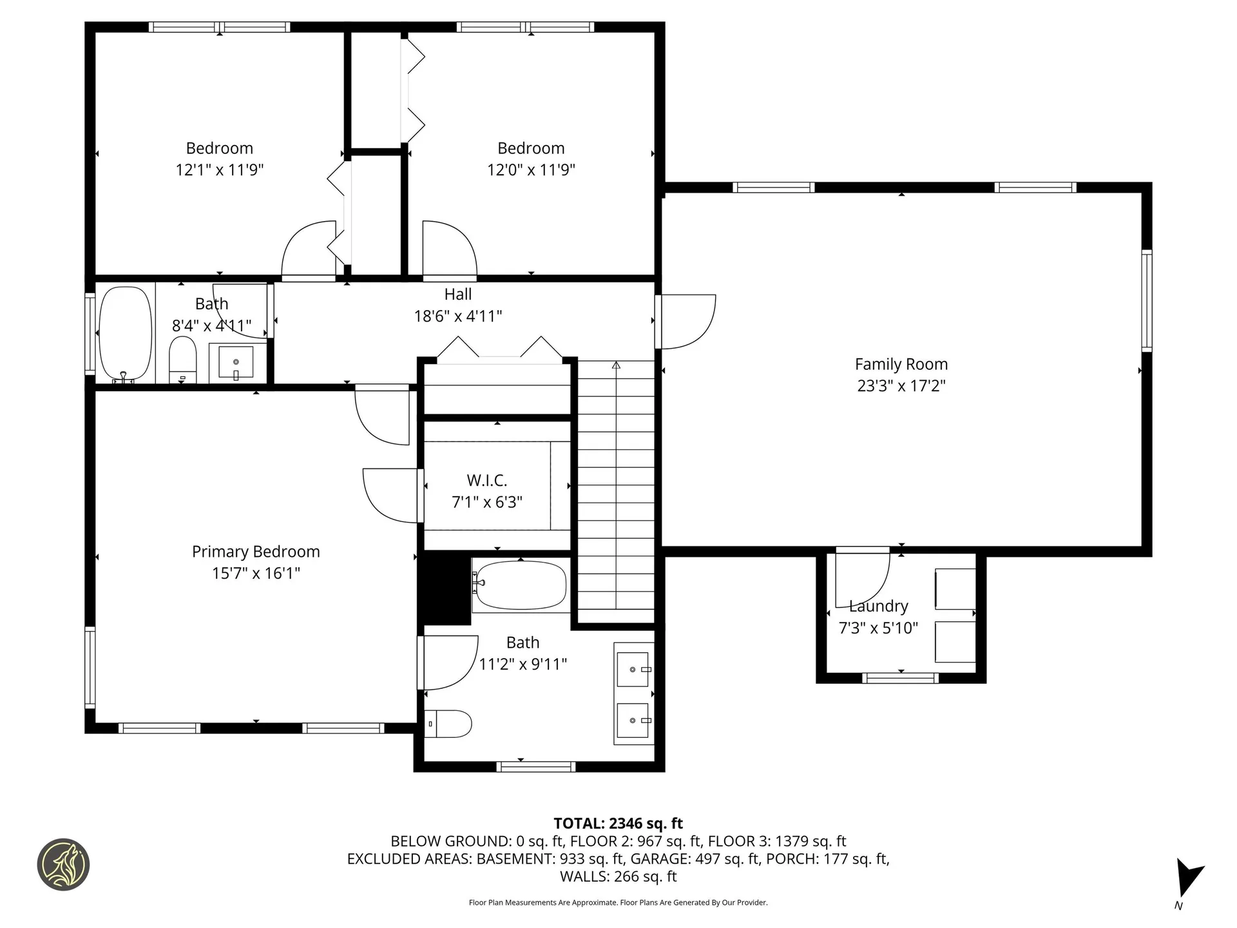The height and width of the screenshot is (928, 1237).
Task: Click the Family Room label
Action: click(x=901, y=364)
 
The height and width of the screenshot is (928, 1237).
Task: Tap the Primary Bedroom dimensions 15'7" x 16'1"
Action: click(x=256, y=573)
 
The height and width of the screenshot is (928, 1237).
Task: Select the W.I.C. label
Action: click(x=486, y=480)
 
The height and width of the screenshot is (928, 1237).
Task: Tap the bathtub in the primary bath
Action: click(x=521, y=585)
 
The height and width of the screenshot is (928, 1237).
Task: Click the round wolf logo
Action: click(x=63, y=865)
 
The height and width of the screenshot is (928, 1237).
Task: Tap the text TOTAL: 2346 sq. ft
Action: click(x=618, y=824)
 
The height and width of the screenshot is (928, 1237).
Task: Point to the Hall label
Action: click(x=457, y=295)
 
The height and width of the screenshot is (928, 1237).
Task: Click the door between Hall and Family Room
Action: click(x=684, y=321)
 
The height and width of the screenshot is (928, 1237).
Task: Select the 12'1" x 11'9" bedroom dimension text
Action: click(x=220, y=170)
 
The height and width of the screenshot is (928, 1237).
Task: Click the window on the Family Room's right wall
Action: click(x=1146, y=301)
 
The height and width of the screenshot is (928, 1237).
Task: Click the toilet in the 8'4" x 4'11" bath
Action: click(x=182, y=360)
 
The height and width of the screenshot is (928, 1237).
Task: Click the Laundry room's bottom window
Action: click(x=900, y=678)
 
